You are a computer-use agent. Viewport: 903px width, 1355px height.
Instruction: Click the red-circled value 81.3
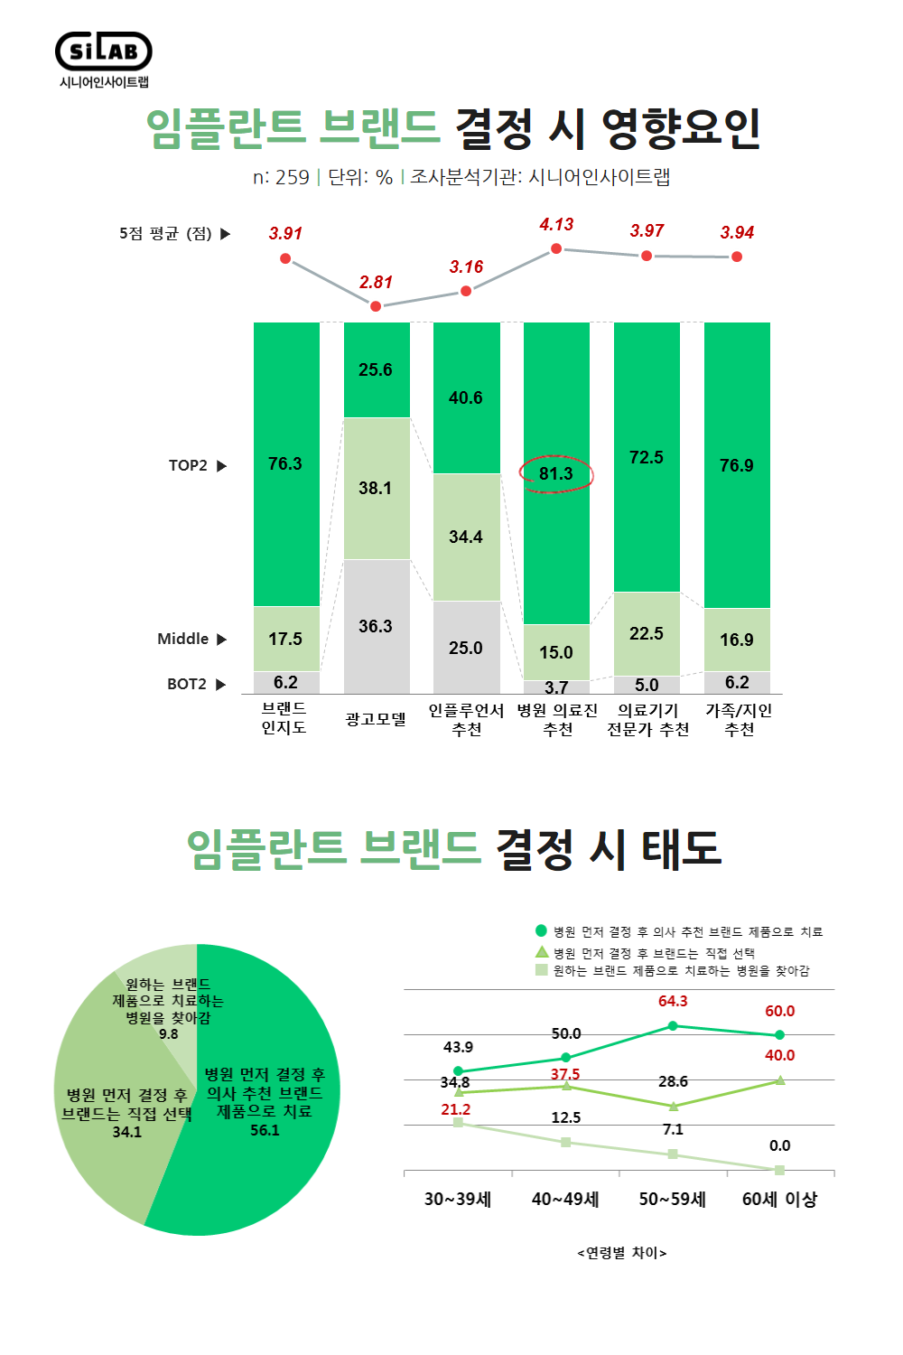[x=556, y=473]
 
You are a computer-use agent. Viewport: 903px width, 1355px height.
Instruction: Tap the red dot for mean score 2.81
[x=376, y=306]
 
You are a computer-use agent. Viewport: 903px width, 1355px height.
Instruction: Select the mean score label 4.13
[x=556, y=225]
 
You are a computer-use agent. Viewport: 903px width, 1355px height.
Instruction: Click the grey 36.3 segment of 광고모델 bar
[x=376, y=626]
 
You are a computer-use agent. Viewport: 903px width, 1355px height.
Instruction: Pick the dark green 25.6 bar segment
[x=376, y=369]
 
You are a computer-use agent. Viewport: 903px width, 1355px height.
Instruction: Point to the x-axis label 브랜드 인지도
[x=284, y=718]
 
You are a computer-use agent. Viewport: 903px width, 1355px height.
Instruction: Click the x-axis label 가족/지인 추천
[x=739, y=720]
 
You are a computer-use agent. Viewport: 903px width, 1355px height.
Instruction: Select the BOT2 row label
[x=187, y=684]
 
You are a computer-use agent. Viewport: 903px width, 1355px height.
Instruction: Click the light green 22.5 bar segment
[x=647, y=633]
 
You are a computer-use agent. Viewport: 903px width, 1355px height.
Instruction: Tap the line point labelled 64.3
[x=673, y=1025]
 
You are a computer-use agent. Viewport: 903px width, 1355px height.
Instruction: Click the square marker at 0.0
[x=779, y=1170]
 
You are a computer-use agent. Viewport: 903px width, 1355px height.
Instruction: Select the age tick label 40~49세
[x=565, y=1200]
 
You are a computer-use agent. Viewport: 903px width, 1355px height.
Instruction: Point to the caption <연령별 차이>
[x=622, y=1253]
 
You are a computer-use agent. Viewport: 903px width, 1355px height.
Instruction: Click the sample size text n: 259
[x=281, y=177]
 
